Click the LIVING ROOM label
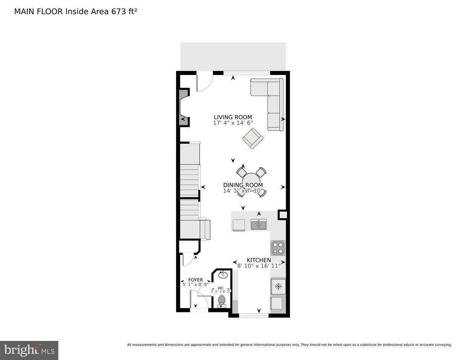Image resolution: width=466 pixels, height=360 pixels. tap(233, 117)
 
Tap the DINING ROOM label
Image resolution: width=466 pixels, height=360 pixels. tap(243, 185)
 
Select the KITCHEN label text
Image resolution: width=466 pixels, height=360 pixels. tap(259, 260)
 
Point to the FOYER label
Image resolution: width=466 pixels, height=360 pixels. tap(195, 280)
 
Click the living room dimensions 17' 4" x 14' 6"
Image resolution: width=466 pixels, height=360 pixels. tap(233, 123)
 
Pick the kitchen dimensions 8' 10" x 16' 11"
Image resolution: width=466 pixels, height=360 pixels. tap(259, 266)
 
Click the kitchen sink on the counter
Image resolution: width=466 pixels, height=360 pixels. tap(259, 225)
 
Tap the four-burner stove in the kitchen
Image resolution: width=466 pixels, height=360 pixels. tap(278, 248)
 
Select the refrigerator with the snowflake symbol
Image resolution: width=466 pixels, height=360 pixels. tap(278, 287)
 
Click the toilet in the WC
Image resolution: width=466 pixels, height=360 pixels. tap(221, 301)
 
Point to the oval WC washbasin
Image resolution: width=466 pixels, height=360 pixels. tap(223, 275)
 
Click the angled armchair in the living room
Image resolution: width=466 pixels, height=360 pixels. tap(252, 138)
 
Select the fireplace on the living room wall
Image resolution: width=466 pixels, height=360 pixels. tap(184, 107)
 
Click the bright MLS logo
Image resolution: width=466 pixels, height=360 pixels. tap(29, 350)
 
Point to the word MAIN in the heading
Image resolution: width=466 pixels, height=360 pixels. tap(24, 11)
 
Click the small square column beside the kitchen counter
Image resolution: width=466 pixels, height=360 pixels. tap(283, 215)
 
